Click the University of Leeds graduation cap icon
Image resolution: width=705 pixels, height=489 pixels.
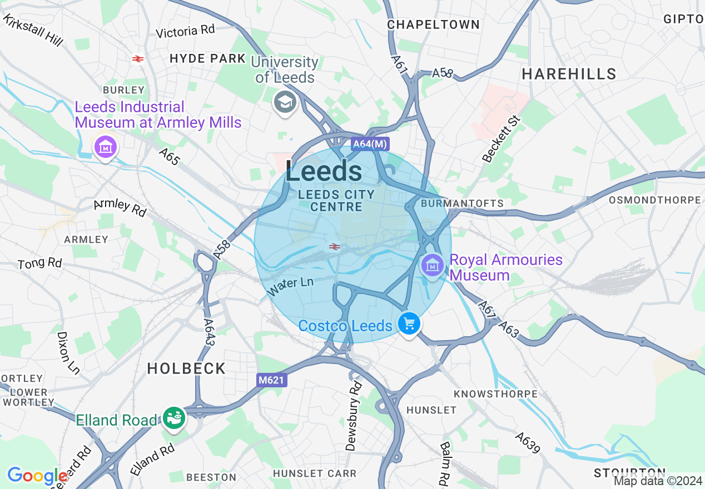click(285, 102)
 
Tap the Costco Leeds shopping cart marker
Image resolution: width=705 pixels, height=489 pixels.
click(409, 323)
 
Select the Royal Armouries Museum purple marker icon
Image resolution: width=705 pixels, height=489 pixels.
click(432, 265)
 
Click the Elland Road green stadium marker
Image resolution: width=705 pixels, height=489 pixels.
click(174, 417)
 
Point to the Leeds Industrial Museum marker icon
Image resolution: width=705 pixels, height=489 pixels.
click(105, 148)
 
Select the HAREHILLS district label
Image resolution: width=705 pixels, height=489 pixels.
click(569, 74)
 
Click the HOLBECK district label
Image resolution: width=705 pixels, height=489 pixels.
click(186, 368)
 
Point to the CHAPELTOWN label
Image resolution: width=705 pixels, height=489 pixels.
click(433, 24)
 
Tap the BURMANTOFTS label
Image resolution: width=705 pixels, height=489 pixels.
click(463, 203)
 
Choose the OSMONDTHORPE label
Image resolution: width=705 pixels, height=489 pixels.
click(655, 200)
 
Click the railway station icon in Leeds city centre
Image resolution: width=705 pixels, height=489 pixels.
click(334, 247)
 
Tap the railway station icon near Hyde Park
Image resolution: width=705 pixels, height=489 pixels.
click(138, 58)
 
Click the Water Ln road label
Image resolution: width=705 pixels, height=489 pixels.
click(290, 286)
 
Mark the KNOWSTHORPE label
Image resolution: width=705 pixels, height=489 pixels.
click(495, 394)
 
